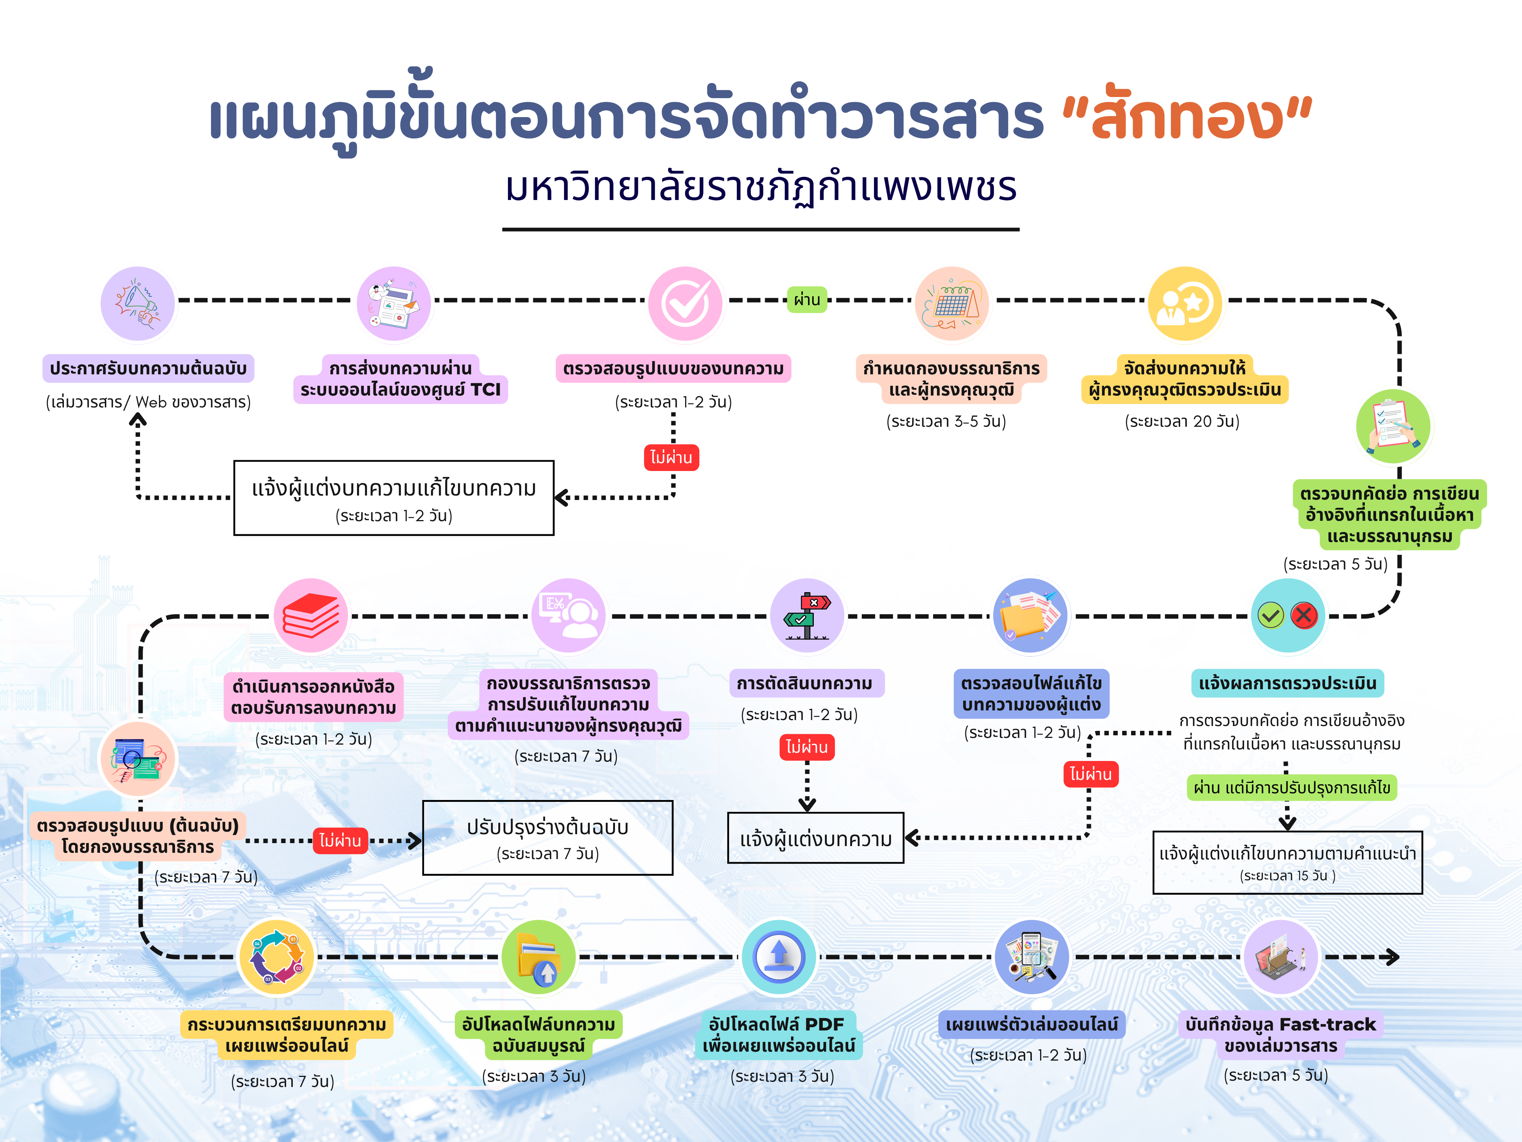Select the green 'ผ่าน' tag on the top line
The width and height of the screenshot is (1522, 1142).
pyautogui.click(x=806, y=300)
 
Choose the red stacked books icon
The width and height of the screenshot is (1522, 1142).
pyautogui.click(x=311, y=615)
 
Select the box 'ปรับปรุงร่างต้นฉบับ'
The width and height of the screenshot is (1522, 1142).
pyautogui.click(x=548, y=838)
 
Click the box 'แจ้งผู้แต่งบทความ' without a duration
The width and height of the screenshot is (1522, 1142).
pyautogui.click(x=815, y=838)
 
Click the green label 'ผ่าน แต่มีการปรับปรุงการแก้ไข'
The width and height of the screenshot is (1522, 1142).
pyautogui.click(x=1292, y=787)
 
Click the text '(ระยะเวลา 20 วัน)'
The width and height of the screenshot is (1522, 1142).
pyautogui.click(x=1182, y=421)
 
